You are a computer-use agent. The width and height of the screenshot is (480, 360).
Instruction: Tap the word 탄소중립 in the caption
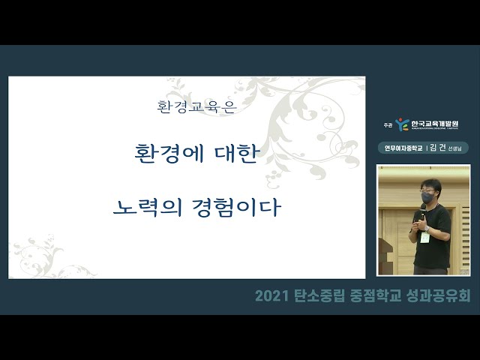click(318, 296)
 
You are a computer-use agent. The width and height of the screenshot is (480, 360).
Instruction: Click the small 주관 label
click(387, 125)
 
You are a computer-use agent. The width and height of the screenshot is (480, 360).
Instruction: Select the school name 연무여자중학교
click(404, 148)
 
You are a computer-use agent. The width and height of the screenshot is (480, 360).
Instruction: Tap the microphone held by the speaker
click(422, 214)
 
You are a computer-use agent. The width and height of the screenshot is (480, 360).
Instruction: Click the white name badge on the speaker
click(425, 237)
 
